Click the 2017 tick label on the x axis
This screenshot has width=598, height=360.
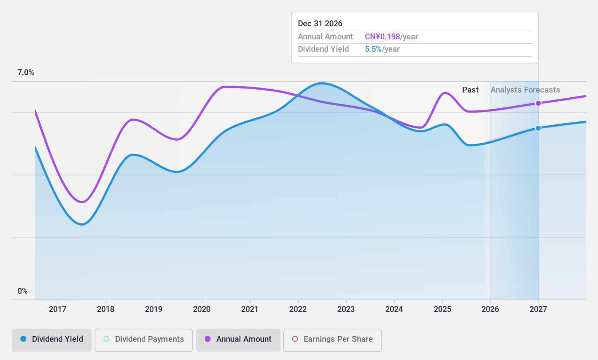click(x=58, y=309)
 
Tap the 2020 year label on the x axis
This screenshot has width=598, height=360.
click(x=202, y=309)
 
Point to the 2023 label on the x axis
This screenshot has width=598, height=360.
click(x=346, y=309)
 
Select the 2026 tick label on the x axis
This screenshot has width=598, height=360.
click(x=490, y=309)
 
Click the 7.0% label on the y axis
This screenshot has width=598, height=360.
click(x=26, y=73)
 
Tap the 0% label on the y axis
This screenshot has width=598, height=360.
click(x=23, y=291)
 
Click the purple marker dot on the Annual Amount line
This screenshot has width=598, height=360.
click(x=538, y=103)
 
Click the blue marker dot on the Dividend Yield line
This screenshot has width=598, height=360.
click(x=538, y=128)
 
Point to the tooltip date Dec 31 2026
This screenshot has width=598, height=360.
click(x=320, y=24)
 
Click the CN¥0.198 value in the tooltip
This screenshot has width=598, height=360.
click(x=382, y=37)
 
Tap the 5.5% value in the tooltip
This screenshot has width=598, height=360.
click(x=373, y=49)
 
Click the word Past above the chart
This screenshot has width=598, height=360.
click(x=470, y=90)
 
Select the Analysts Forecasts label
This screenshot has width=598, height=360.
click(x=525, y=90)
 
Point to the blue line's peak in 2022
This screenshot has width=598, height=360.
click(x=321, y=83)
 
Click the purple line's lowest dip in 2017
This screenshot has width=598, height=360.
click(x=82, y=202)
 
